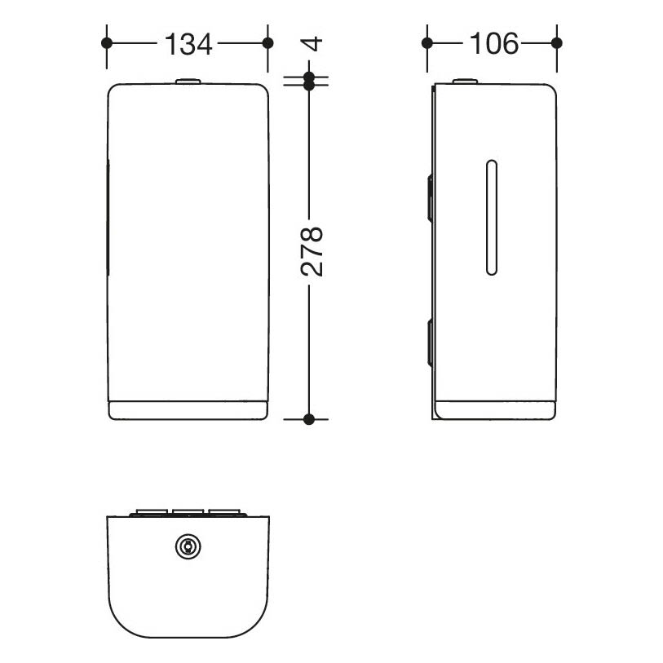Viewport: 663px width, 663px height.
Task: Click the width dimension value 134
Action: (x=188, y=44)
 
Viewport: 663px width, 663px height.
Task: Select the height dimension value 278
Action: (x=312, y=252)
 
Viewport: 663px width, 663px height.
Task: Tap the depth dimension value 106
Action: (x=494, y=43)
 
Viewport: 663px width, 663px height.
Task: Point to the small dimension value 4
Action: (x=312, y=43)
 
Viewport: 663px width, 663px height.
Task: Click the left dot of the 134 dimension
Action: (x=107, y=43)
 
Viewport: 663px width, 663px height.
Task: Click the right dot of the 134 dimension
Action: (x=267, y=43)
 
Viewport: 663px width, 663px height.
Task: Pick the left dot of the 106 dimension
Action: (x=427, y=43)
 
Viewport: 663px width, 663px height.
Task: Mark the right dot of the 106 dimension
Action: (x=557, y=43)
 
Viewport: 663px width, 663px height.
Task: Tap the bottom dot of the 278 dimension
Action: (x=309, y=419)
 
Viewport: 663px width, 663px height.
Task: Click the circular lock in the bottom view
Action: (x=188, y=546)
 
